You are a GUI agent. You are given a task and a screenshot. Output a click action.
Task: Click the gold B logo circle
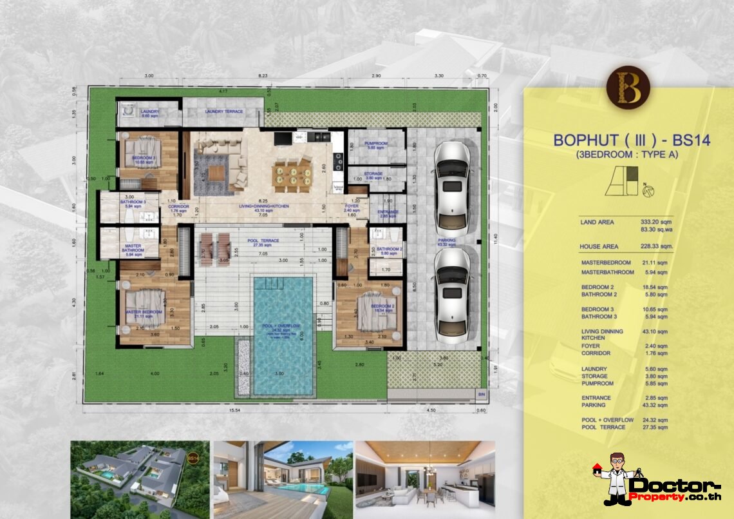628,88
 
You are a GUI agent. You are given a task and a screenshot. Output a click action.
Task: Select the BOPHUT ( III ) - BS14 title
632,141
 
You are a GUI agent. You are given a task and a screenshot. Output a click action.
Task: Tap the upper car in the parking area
452,188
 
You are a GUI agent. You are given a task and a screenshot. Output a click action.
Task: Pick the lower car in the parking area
452,295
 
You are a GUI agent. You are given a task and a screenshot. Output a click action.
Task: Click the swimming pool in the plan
283,335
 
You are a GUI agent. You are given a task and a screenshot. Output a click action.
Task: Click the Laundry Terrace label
224,112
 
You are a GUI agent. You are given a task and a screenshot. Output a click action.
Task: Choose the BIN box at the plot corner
480,393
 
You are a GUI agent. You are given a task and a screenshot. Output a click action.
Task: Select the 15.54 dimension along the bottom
243,410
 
